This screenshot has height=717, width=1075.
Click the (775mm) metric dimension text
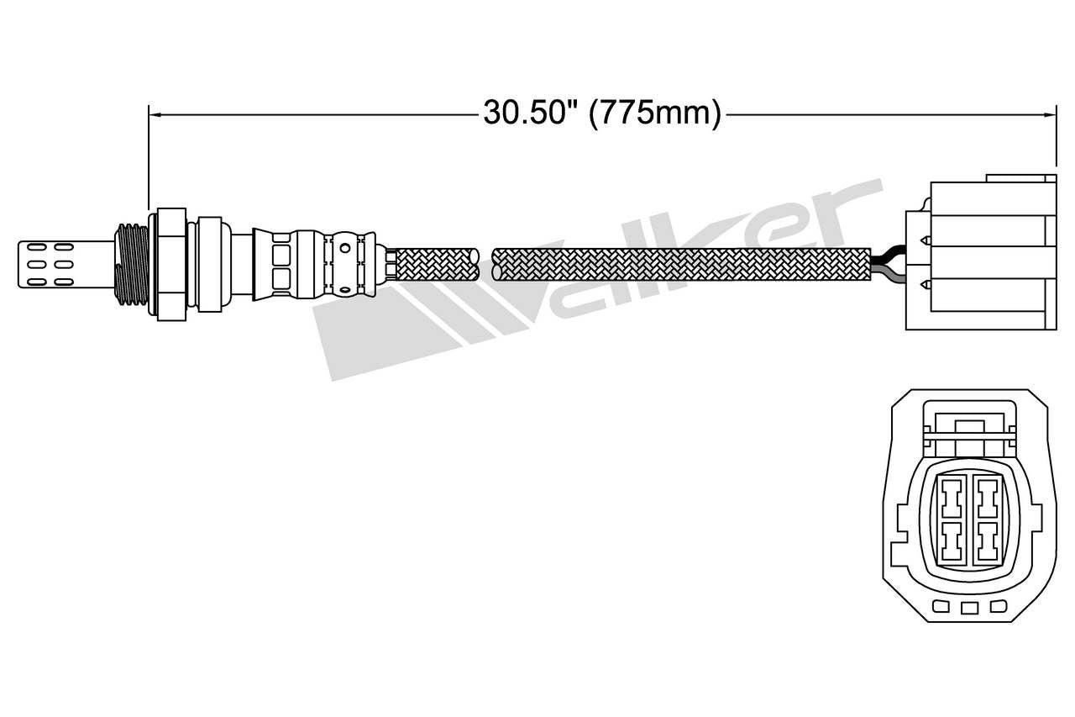(655, 112)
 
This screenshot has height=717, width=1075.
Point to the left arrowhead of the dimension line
(155, 113)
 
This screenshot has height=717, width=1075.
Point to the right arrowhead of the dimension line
(1049, 113)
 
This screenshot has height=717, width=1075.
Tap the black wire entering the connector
(889, 254)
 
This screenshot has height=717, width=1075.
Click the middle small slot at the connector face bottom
(969, 608)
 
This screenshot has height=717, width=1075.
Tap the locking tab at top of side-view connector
(1020, 178)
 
